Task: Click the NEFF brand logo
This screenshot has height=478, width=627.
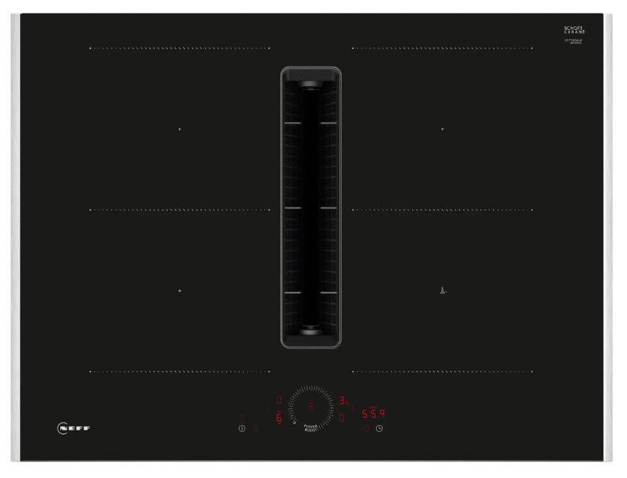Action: [x=73, y=428]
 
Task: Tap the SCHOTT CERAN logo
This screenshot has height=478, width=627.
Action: [x=572, y=31]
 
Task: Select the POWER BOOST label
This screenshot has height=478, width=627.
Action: [x=311, y=428]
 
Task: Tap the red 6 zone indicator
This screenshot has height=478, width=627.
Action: [x=279, y=419]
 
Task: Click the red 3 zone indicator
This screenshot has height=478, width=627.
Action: [x=343, y=401]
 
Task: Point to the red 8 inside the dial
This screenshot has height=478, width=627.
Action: [x=311, y=407]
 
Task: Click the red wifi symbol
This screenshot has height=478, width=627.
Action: [x=242, y=416]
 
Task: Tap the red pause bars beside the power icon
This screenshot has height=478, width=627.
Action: [x=256, y=428]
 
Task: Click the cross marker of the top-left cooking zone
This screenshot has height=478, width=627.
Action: [x=179, y=129]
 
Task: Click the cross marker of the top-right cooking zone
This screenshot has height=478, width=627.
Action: [x=442, y=129]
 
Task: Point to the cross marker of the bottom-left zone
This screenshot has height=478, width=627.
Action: [x=179, y=291]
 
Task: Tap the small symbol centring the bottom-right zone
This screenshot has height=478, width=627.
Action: [x=442, y=290]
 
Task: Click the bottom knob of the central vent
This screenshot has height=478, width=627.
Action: [x=311, y=329]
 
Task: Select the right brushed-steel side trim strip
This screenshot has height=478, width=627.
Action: [x=609, y=238]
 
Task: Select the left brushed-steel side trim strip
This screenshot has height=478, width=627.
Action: [x=16, y=238]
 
